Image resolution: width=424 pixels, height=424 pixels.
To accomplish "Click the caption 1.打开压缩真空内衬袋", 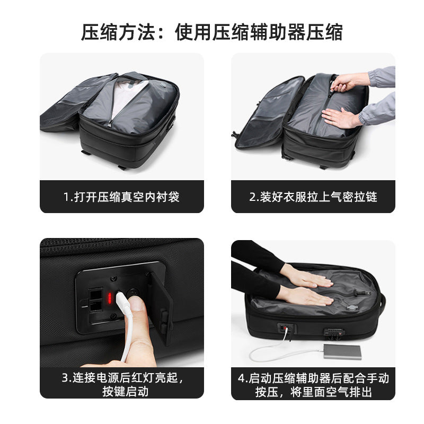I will pos(121,197).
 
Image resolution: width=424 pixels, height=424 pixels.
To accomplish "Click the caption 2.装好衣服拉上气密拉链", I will pos(313,197).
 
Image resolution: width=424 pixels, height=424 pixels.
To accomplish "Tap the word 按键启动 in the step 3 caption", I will pos(121,392).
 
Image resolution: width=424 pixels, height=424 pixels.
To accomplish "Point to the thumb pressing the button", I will pos(137,307).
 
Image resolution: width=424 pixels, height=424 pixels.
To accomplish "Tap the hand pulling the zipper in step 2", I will pos(350,82).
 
